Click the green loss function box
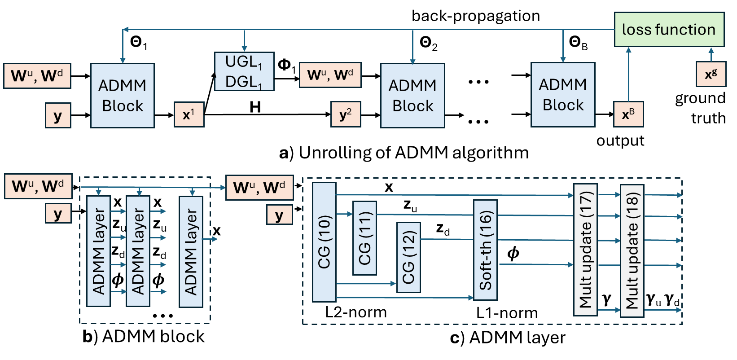coord(669,30)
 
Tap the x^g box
coord(711,74)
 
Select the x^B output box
coord(628,114)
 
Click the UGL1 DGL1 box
coord(244,72)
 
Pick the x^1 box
coord(189,114)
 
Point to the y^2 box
coord(346,114)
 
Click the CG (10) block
coord(324,242)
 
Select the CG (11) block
coord(364,238)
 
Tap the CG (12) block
coord(408,257)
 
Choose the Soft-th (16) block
coord(485,250)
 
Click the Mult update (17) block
coord(585,250)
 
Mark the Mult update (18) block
coord(632,251)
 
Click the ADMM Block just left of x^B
coord(563,95)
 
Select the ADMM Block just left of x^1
coord(123,95)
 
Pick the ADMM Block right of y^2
coord(412,95)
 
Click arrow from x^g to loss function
coord(711,54)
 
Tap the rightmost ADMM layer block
coord(191,251)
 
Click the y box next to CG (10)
coord(279,215)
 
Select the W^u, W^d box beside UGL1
coord(330,75)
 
